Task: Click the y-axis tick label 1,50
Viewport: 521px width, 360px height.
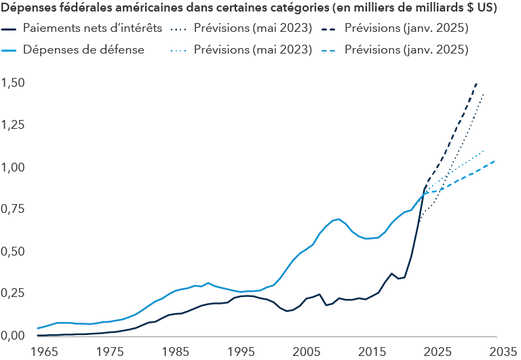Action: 14,83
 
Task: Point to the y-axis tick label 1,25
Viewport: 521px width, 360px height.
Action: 14,125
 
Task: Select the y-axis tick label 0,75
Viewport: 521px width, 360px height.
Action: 14,209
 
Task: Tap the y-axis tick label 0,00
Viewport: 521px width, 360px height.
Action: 14,335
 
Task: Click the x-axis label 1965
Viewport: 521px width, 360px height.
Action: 44,352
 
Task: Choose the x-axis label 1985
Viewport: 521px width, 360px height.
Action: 175,352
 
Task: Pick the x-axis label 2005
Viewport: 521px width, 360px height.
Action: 306,352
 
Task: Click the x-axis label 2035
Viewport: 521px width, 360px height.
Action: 503,352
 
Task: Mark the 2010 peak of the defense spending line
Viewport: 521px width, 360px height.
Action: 339,219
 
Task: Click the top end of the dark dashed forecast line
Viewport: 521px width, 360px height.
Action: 477,83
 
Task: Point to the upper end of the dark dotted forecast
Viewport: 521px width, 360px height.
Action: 484,94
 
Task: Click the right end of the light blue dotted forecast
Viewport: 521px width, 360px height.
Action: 484,151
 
